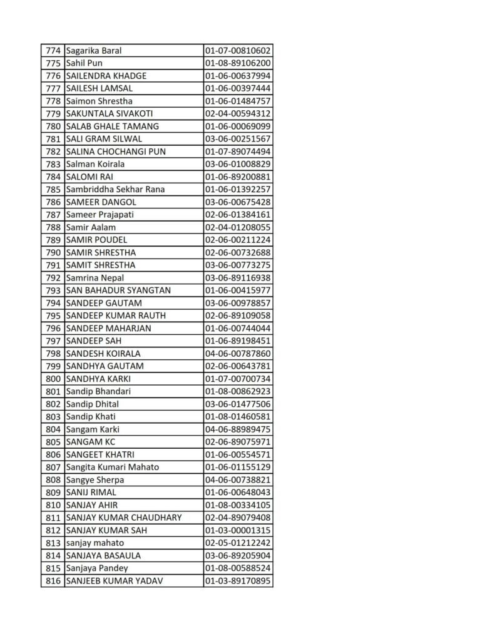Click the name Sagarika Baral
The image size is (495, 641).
point(93,51)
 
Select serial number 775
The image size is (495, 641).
point(53,63)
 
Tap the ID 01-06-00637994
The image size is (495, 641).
point(238,76)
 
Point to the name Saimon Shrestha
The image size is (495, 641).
point(99,101)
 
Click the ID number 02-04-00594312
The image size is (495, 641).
point(238,114)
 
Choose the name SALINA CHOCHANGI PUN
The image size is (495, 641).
point(116,151)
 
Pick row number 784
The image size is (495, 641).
point(53,177)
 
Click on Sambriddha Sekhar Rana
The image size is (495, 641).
point(115,189)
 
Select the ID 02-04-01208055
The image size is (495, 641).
point(238,227)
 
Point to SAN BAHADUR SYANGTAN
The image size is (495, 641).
point(118,290)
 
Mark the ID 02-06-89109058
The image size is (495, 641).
point(238,315)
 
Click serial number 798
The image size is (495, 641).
point(53,354)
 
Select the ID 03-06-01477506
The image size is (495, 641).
point(238,404)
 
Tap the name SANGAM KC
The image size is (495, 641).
point(90,442)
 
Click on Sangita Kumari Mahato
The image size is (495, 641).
point(112,467)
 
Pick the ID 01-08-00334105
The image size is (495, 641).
point(238,505)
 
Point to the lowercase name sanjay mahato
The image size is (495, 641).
point(94,543)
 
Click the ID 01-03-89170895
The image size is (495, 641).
point(238,581)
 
